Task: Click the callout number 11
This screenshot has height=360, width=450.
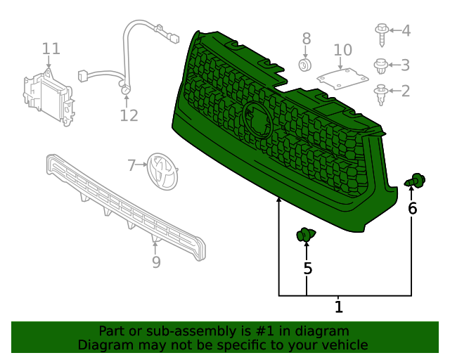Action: point(51,49)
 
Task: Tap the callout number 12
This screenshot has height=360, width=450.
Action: point(129,115)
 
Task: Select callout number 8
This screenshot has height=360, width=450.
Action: point(306,38)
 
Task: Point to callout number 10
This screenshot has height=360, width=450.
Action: point(342,50)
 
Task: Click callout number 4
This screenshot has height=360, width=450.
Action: point(406,30)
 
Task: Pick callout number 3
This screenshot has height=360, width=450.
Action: point(406,65)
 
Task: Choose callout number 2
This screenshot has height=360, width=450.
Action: point(406,91)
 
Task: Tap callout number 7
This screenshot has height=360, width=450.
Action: point(131,166)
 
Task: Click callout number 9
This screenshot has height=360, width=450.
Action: point(156,262)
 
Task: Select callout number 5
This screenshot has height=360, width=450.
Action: point(307,268)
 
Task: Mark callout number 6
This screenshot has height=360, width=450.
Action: point(413,208)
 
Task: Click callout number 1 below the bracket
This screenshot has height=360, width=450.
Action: point(338,307)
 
